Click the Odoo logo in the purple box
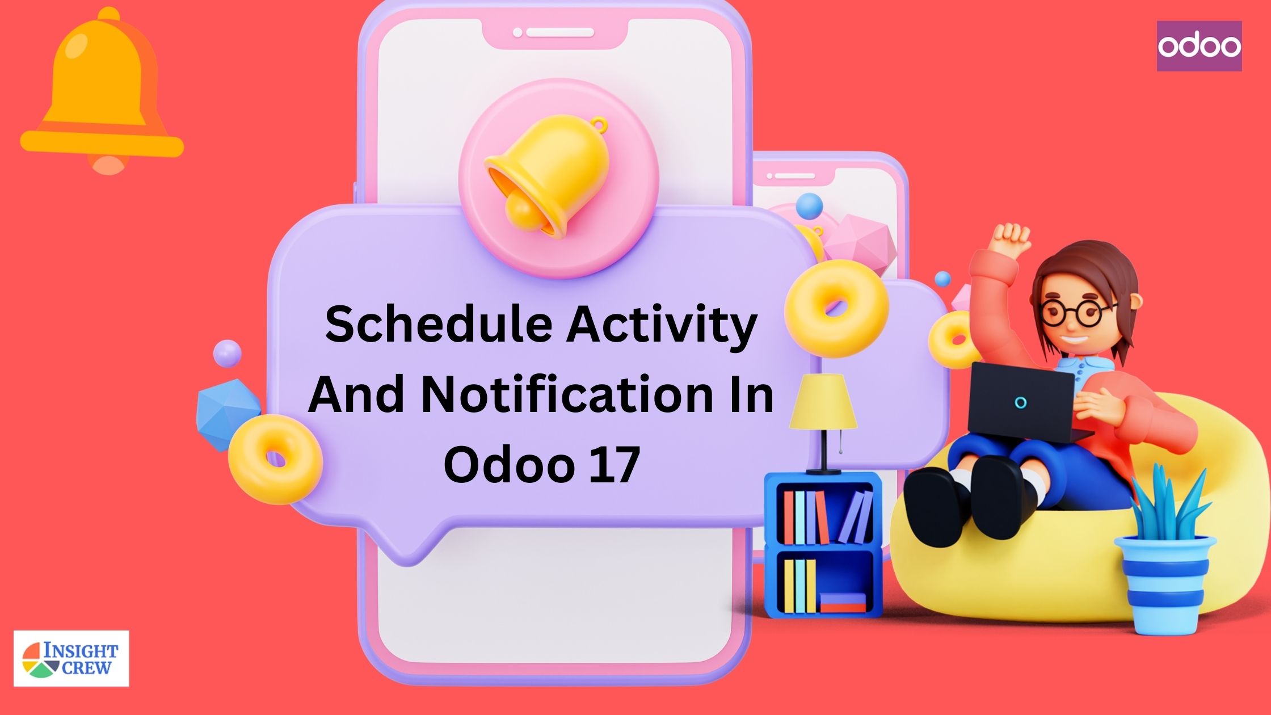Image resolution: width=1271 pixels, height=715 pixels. click(1199, 46)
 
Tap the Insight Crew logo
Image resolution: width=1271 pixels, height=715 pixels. click(71, 658)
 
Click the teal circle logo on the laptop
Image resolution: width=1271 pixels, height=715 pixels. click(1020, 403)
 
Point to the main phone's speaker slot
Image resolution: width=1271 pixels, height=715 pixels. click(559, 33)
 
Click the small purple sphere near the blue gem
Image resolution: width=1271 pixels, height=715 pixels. click(227, 353)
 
